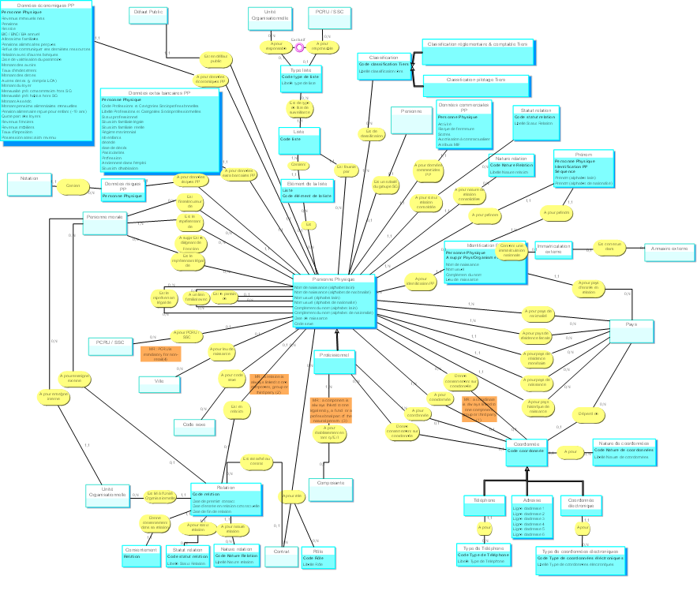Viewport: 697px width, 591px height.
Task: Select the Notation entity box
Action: point(28,185)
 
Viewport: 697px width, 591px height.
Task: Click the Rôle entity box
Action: point(319,557)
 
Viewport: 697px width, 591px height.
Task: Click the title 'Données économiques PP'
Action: point(47,6)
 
